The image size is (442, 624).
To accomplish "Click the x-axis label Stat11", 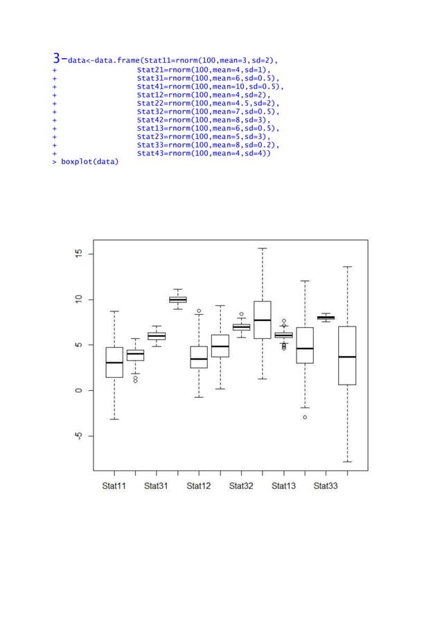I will (114, 486).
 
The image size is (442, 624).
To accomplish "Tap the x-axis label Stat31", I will (157, 486).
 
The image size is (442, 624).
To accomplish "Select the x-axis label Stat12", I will (199, 486).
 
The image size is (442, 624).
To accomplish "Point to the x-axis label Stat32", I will (241, 486).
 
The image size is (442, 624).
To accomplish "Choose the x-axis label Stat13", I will (283, 486).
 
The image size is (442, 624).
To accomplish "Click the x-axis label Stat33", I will (326, 486).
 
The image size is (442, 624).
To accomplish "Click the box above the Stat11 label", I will (114, 362).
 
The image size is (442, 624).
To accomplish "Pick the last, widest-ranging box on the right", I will (347, 356).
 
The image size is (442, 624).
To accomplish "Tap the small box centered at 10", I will (178, 300).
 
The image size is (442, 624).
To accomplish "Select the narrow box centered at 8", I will (326, 318).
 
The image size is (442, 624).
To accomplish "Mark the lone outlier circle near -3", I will (305, 417).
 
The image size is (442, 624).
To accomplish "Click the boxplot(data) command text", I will (89, 163).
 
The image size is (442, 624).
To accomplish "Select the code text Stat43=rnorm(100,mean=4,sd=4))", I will (204, 154).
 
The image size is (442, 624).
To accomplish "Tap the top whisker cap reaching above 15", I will (263, 248).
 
